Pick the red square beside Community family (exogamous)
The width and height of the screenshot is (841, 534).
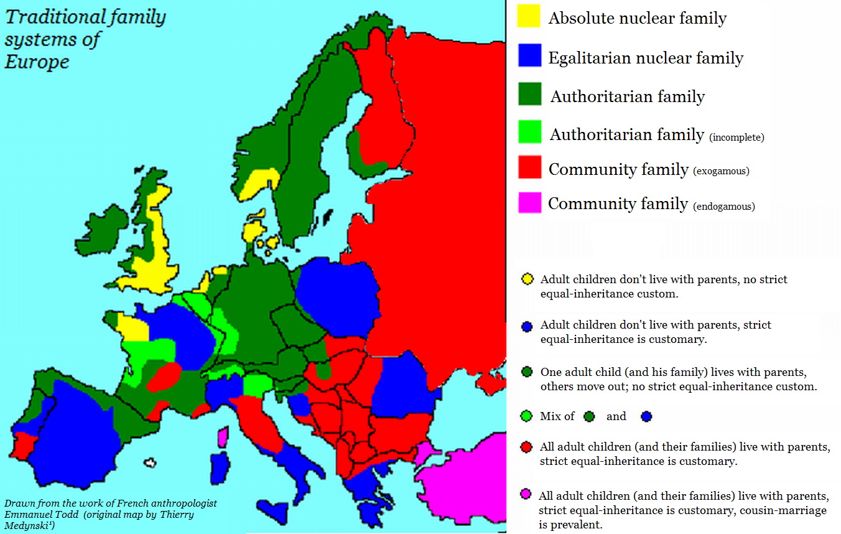click(529, 167)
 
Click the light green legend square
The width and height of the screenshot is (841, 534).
click(529, 132)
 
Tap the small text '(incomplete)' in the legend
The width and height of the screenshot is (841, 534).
click(736, 137)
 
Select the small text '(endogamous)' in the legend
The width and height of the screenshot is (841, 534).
click(723, 206)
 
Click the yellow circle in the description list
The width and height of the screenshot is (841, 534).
click(527, 279)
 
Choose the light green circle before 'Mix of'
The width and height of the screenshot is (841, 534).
click(527, 416)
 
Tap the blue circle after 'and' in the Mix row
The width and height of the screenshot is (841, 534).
click(646, 416)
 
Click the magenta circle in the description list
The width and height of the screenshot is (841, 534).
click(527, 495)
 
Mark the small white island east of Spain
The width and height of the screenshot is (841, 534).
click(149, 463)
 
